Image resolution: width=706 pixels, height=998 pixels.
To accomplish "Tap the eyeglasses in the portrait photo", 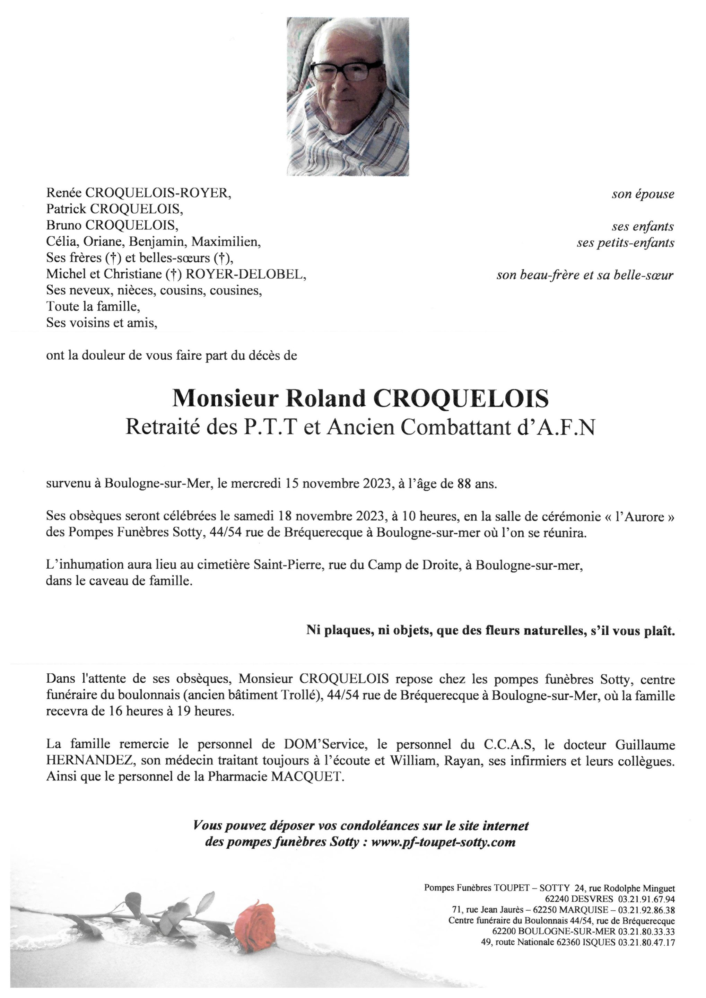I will (x=347, y=70).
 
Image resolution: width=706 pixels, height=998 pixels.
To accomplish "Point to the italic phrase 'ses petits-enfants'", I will (x=626, y=243).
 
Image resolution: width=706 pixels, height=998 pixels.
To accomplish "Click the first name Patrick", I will (x=67, y=209).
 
